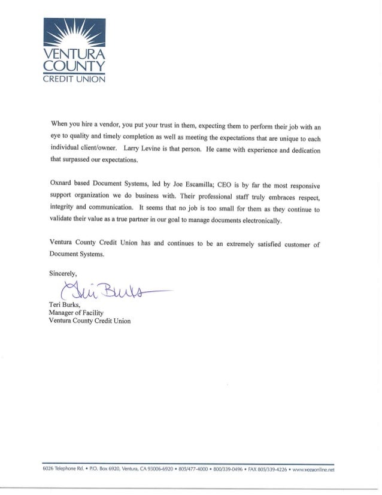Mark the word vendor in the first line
pyautogui.click(x=106, y=124)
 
